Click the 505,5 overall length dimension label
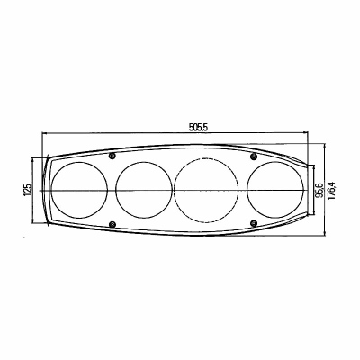tap(198, 128)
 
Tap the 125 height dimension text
tap(27, 190)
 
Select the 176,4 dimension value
tap(332, 190)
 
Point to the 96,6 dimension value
tap(319, 190)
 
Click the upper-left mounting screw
tap(112, 156)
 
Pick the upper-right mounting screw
tap(254, 156)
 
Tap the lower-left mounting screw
tap(112, 224)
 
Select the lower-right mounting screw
tap(254, 222)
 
